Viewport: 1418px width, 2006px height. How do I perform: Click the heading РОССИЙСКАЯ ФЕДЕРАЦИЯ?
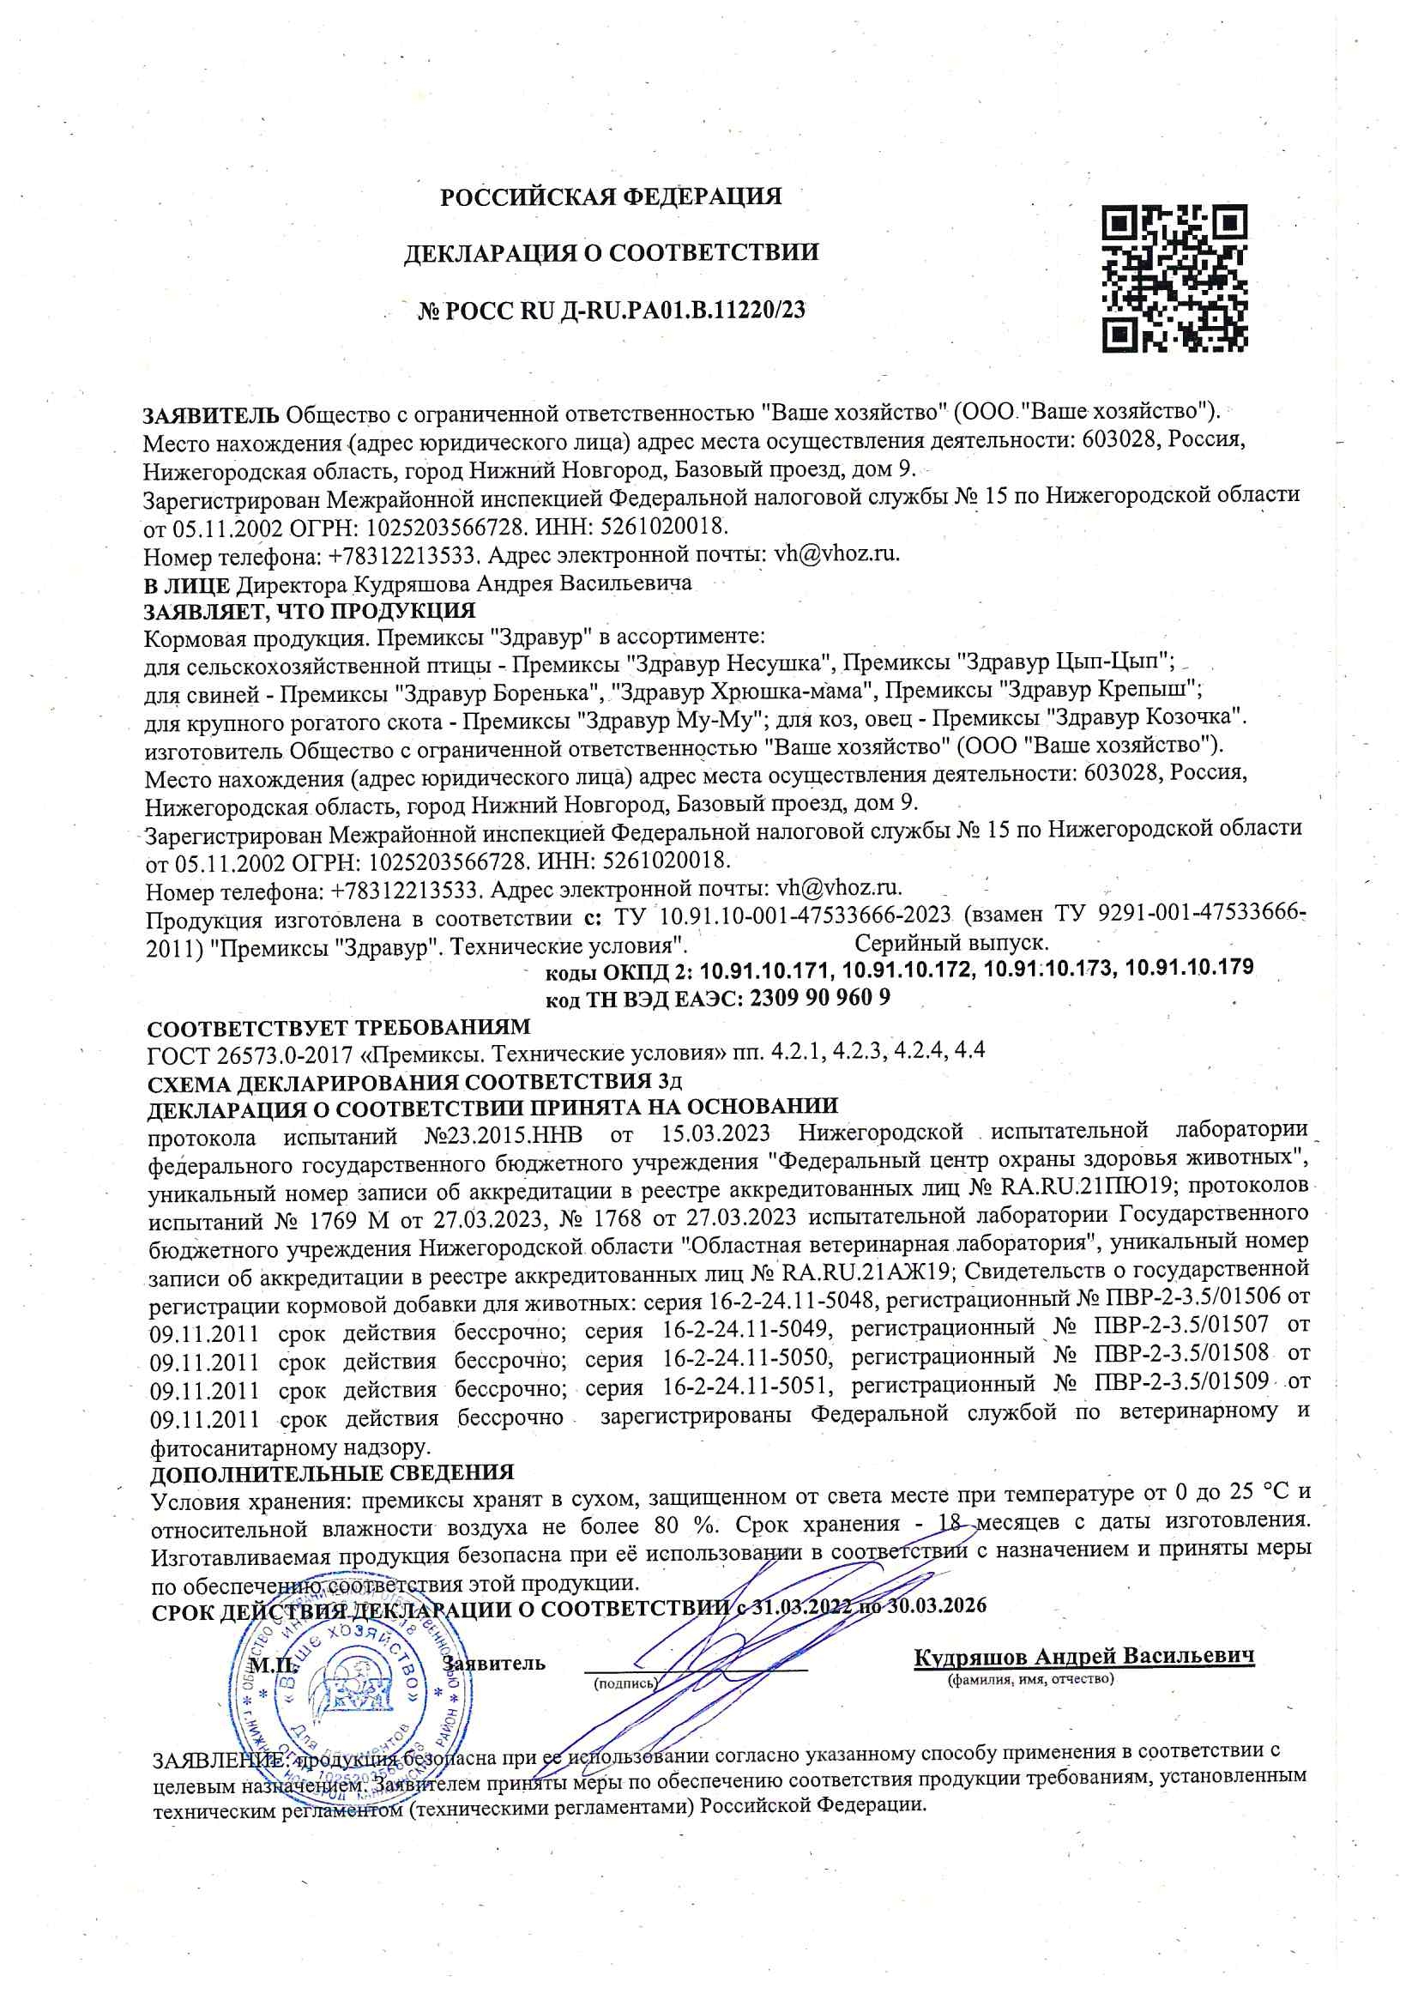point(611,196)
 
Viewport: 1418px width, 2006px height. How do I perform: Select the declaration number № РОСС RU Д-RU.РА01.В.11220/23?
point(611,310)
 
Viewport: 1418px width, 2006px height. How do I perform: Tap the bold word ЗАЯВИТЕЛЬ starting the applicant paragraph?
point(211,413)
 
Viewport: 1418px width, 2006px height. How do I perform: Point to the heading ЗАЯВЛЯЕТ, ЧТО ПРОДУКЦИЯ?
point(310,610)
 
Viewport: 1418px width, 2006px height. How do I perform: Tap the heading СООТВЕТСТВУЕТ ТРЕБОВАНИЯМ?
point(339,1028)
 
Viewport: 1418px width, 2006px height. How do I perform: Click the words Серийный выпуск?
point(952,943)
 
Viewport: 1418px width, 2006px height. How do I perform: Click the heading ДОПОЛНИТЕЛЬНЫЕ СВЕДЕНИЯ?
point(332,1473)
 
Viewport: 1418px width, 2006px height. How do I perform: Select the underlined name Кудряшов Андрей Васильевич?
point(1084,1656)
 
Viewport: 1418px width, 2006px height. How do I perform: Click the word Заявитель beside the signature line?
point(494,1663)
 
